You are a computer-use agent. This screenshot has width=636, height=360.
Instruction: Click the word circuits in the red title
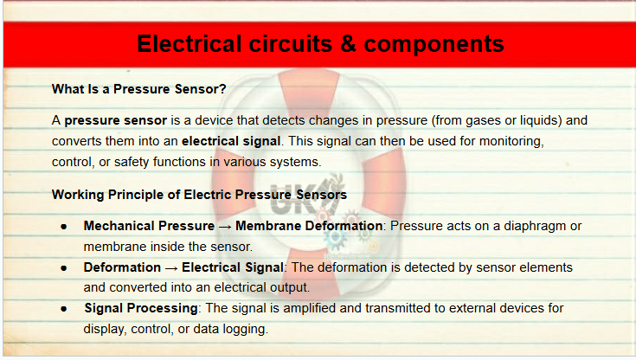click(291, 44)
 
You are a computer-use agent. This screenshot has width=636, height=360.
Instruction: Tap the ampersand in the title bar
click(349, 44)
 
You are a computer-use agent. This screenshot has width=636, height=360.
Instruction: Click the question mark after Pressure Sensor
click(222, 89)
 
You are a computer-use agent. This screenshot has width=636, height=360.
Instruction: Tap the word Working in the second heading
click(78, 195)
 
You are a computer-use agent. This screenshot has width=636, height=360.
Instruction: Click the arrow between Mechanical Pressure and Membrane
click(225, 227)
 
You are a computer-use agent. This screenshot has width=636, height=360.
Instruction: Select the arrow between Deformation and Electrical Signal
click(171, 268)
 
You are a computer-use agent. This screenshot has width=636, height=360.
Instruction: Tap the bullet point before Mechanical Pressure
click(64, 227)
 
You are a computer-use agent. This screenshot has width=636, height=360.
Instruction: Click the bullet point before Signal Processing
click(64, 309)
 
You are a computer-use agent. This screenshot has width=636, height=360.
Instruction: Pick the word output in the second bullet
click(290, 288)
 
